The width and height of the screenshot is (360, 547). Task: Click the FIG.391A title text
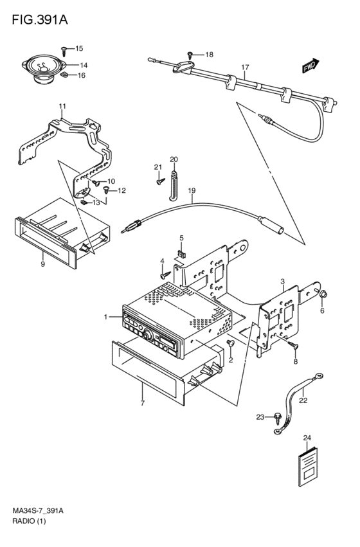(x=40, y=20)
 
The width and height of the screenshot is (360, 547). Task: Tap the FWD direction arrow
(x=310, y=65)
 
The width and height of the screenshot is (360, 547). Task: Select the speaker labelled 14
(x=44, y=69)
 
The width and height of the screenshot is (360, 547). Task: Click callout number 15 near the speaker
(x=79, y=48)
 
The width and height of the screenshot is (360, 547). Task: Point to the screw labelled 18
(x=190, y=55)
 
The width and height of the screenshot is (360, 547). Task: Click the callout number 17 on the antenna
(x=245, y=67)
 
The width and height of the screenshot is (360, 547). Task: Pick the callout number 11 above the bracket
(x=62, y=106)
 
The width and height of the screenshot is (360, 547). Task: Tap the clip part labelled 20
(x=174, y=186)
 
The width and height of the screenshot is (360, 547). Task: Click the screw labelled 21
(x=161, y=181)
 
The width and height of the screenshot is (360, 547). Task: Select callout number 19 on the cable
(x=192, y=190)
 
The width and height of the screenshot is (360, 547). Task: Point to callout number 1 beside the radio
(x=105, y=317)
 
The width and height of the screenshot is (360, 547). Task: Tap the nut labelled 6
(x=323, y=294)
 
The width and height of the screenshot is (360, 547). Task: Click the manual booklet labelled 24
(x=309, y=466)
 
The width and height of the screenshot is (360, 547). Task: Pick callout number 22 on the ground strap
(x=303, y=400)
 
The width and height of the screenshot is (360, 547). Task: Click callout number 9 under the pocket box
(x=42, y=264)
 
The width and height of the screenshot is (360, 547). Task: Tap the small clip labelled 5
(x=182, y=255)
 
